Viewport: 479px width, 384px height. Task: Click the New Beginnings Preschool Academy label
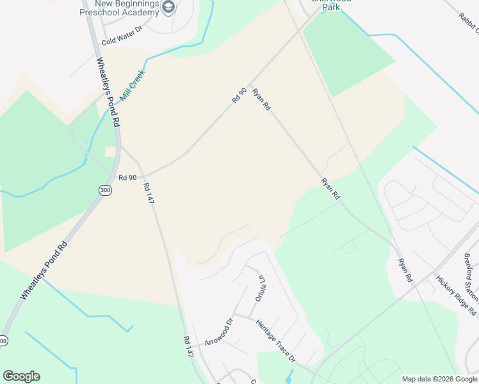pos(120,8)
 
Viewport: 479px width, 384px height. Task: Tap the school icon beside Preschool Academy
pos(169,8)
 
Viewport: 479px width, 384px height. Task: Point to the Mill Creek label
pos(133,83)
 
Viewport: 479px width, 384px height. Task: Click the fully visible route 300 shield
pos(104,190)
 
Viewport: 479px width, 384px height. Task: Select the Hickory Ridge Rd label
pos(456,295)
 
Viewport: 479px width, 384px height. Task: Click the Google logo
pos(21,376)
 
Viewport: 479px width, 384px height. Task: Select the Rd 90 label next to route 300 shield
pos(127,177)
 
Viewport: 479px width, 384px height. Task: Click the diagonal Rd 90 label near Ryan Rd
pos(239,97)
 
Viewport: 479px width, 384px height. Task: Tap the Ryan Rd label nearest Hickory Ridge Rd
pos(403,271)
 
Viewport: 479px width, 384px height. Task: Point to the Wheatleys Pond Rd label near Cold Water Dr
pos(108,93)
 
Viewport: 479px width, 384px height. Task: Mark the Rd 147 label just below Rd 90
pos(149,193)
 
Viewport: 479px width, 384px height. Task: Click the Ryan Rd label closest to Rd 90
pos(260,100)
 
